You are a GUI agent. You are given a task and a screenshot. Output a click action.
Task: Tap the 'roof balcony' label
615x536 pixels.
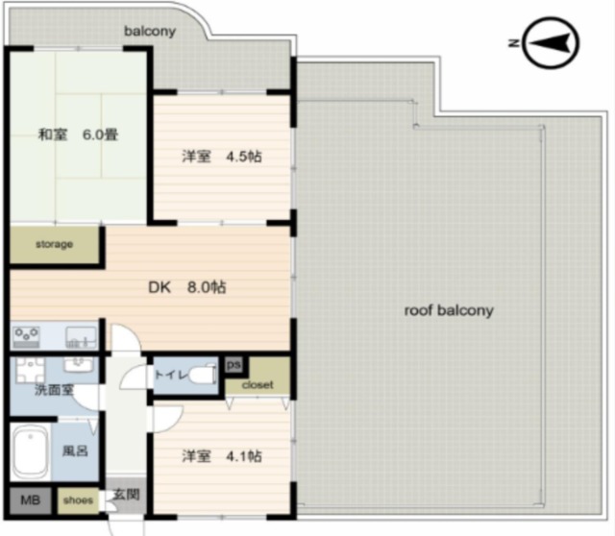(x=449, y=310)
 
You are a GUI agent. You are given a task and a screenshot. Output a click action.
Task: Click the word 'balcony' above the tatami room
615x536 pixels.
(x=150, y=32)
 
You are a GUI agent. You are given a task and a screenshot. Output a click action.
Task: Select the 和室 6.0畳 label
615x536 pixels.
(x=78, y=134)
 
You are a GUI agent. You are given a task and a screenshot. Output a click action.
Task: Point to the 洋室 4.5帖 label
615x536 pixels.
(x=222, y=156)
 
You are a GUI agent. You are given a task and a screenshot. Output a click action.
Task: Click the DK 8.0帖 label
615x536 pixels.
(x=187, y=287)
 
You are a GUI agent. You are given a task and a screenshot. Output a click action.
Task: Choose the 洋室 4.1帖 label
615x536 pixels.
(x=222, y=456)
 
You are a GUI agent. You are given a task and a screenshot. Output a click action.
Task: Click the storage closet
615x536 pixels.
(x=54, y=245)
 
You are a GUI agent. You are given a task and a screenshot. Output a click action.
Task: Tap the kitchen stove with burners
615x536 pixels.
(x=26, y=337)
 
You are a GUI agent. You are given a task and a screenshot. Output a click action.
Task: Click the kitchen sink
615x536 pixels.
(x=81, y=337)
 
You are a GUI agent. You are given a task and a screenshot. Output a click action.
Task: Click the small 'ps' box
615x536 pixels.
(x=234, y=365)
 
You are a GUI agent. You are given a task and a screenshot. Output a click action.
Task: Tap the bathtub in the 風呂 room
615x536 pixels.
(x=30, y=451)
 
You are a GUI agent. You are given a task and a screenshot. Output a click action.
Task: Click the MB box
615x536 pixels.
(x=30, y=500)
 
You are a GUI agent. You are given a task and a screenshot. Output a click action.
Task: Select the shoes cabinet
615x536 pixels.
(x=78, y=500)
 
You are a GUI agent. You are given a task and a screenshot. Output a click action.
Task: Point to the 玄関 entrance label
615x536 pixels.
(x=126, y=495)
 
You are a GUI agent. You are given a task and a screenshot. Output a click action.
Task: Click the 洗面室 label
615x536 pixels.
(x=54, y=390)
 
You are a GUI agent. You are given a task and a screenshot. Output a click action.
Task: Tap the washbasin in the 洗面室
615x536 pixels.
(x=79, y=365)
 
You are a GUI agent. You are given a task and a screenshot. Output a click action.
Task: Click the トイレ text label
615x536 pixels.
(x=171, y=376)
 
